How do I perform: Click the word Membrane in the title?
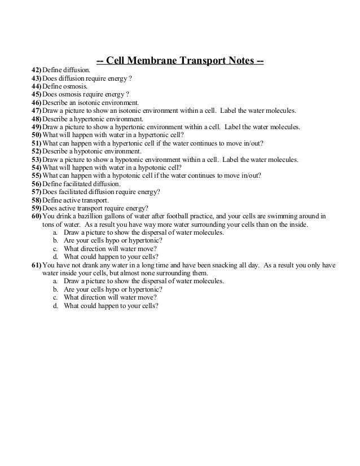152,60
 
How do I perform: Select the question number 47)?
37,112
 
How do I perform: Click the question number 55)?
37,175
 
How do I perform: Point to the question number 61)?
37,265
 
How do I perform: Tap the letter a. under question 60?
55,232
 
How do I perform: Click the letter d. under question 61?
55,305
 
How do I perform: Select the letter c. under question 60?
55,248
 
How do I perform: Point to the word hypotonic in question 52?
90,152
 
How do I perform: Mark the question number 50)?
37,136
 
